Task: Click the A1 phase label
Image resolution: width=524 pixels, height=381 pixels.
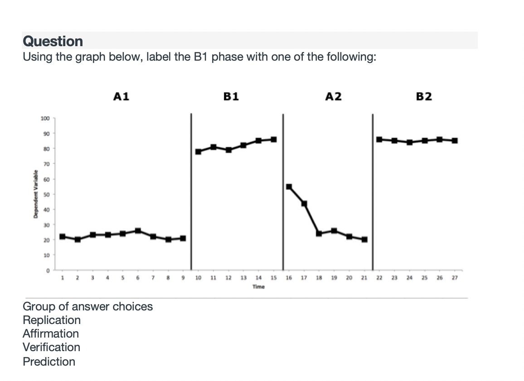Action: point(121,96)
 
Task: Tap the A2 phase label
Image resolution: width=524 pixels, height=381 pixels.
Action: point(334,96)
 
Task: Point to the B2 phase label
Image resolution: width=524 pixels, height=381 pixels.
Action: point(424,96)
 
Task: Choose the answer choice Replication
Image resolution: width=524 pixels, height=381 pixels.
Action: point(52,320)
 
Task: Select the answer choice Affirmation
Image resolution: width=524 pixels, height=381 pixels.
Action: point(51,333)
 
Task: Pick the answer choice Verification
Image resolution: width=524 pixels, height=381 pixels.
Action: point(51,347)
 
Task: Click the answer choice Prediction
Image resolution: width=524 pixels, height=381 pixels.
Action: point(49,362)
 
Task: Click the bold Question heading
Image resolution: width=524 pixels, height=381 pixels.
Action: point(53,41)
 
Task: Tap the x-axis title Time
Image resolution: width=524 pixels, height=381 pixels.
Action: point(258,286)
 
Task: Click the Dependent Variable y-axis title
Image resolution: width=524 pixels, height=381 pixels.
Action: point(35,194)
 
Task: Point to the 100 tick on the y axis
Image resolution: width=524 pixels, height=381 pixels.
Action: point(44,118)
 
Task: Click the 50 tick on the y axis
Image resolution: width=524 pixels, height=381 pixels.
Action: point(46,194)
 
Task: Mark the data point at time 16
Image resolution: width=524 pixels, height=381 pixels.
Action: point(289,186)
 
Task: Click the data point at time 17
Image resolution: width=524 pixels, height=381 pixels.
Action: point(304,204)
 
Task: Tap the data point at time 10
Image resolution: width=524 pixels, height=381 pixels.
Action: point(199,152)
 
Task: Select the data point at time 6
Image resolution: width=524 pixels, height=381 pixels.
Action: point(138,231)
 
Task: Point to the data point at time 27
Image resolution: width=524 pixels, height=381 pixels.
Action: point(455,140)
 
